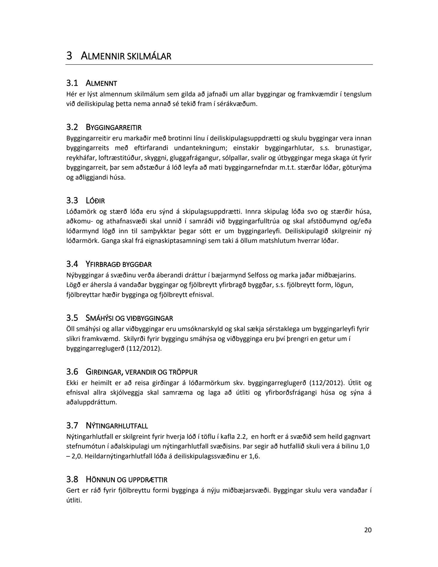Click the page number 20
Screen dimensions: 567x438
[368, 530]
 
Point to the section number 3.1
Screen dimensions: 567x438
[72, 83]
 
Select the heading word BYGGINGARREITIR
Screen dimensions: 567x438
[114, 128]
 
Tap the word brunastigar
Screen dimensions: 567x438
[353, 148]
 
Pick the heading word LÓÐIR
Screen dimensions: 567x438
[95, 201]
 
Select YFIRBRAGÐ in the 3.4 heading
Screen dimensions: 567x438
[103, 265]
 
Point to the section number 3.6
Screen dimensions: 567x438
[72, 372]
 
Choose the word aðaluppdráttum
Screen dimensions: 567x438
[92, 402]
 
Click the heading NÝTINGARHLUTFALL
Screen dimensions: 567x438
[117, 426]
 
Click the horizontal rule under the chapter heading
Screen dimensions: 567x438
[219, 65]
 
